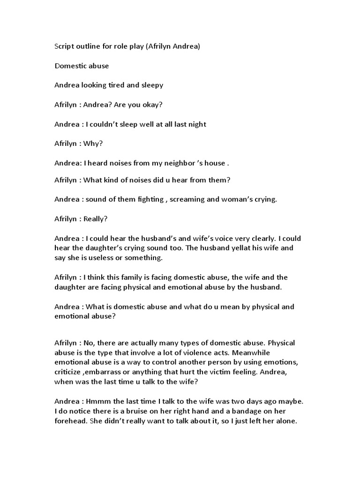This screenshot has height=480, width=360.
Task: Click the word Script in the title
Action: point(64,47)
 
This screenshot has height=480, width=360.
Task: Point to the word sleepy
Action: point(152,86)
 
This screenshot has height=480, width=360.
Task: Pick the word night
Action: point(196,124)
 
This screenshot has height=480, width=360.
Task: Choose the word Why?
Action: point(93,143)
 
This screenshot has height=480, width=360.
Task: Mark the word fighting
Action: point(149,199)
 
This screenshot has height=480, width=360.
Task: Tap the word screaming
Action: point(187,199)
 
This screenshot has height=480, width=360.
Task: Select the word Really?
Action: point(96,218)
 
